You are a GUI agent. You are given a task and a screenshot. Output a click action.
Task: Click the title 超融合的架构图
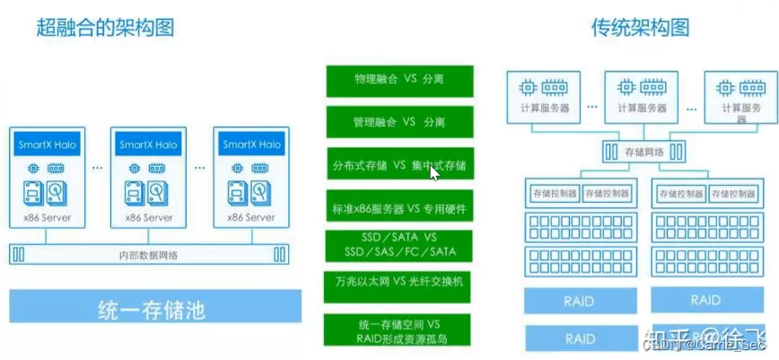pyautogui.click(x=105, y=28)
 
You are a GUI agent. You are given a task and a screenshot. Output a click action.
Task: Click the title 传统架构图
pyautogui.click(x=639, y=28)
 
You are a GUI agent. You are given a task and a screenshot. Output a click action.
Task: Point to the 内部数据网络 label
pyautogui.click(x=149, y=255)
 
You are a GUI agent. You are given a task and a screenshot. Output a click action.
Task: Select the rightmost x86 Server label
pyautogui.click(x=250, y=218)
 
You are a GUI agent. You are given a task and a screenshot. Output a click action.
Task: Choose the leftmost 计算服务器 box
pyautogui.click(x=544, y=96)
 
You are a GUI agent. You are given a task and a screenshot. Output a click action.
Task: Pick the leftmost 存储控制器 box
pyautogui.click(x=552, y=193)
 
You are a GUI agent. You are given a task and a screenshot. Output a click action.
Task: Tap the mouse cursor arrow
pyautogui.click(x=435, y=172)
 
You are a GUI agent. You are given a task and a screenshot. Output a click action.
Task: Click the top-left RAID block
pyautogui.click(x=580, y=302)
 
